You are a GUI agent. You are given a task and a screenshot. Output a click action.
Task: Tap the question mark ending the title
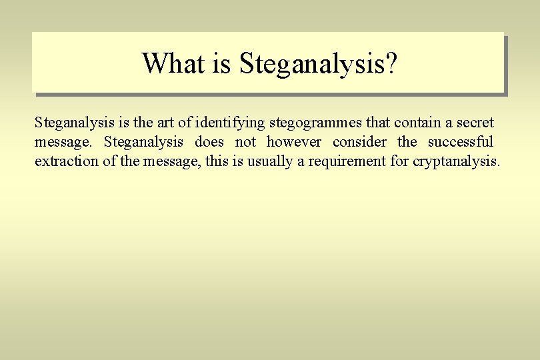(391, 63)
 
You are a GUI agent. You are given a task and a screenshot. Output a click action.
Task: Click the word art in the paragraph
(170, 123)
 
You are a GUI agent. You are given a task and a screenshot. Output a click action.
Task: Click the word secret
(475, 123)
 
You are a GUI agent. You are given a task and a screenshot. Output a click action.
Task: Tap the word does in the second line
(209, 142)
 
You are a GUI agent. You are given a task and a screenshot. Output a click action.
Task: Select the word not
(245, 142)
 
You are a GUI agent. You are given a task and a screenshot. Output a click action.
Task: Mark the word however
(293, 142)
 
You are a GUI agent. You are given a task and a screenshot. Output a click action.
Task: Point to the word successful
(460, 142)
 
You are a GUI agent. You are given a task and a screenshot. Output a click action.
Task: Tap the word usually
(270, 162)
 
